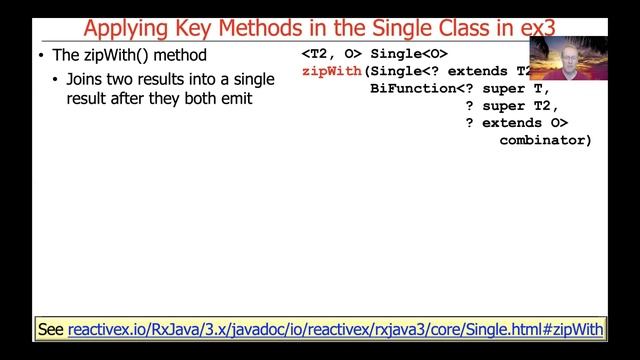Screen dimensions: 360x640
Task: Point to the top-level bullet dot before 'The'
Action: click(39, 55)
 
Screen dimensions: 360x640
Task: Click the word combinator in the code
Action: click(541, 140)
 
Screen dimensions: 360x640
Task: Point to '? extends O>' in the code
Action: click(516, 123)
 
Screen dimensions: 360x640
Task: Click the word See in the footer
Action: click(51, 328)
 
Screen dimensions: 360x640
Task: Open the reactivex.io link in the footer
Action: click(336, 328)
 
